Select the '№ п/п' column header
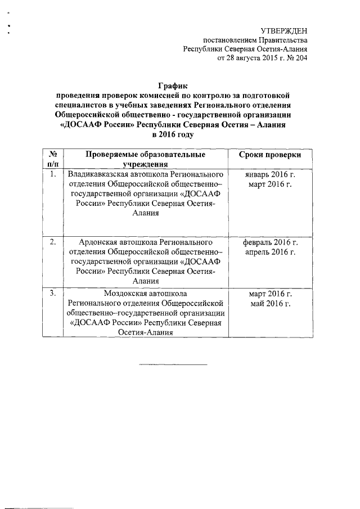point(52,159)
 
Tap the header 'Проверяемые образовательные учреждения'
point(145,159)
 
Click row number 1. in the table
point(52,174)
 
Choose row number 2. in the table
point(52,242)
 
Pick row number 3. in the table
point(52,293)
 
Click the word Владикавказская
point(97,174)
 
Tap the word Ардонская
point(98,242)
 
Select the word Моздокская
point(127,293)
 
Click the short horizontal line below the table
point(173,364)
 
